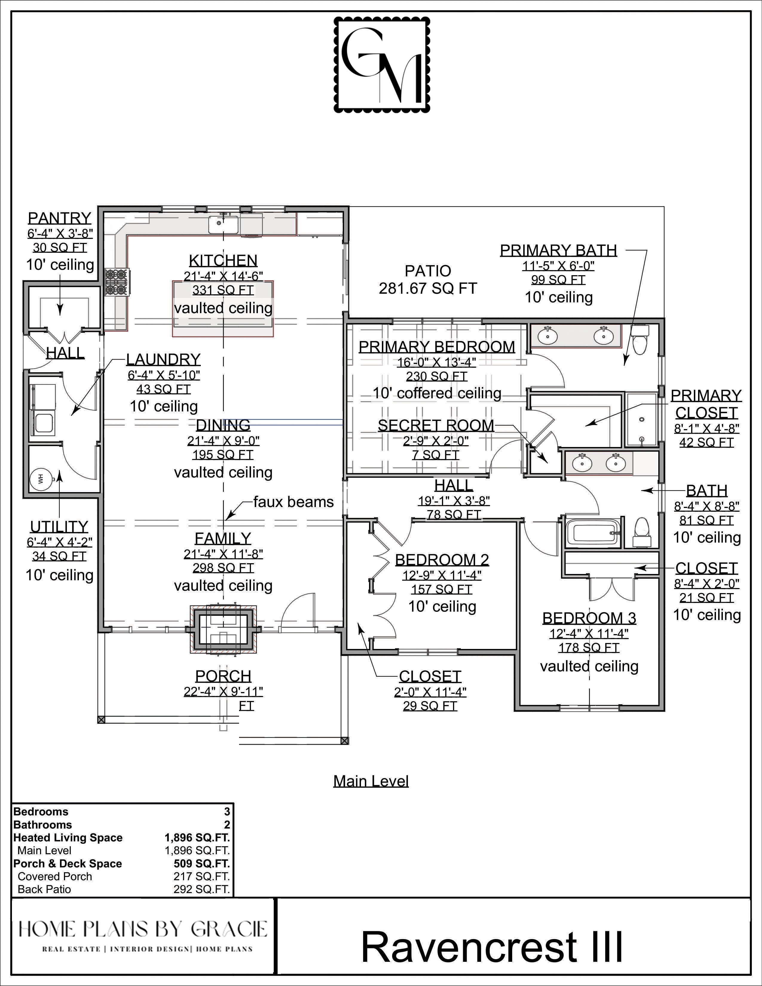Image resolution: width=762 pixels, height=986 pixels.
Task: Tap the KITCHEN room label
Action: pyautogui.click(x=223, y=261)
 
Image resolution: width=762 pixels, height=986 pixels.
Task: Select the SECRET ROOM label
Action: pyautogui.click(x=436, y=425)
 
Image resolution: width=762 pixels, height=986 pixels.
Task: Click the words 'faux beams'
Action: pyautogui.click(x=293, y=502)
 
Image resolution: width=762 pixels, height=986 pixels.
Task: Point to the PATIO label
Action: pyautogui.click(x=428, y=271)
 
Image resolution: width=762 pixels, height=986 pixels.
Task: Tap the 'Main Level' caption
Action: pyautogui.click(x=371, y=781)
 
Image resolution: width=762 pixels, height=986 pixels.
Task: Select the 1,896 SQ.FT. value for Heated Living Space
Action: pyautogui.click(x=197, y=838)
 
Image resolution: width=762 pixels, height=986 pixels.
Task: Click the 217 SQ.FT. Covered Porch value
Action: pyautogui.click(x=202, y=876)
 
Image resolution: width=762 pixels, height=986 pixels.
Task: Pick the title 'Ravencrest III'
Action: pyautogui.click(x=492, y=946)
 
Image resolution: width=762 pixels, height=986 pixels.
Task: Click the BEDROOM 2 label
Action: pyautogui.click(x=442, y=560)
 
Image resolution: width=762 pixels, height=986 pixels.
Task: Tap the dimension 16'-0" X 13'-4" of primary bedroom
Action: pyautogui.click(x=437, y=362)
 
